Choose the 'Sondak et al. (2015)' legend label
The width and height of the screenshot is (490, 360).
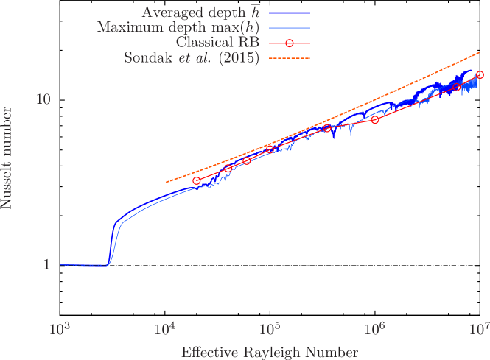coord(192,58)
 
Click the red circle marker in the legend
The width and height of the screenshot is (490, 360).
coord(290,43)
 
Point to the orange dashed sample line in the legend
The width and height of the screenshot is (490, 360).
coord(290,58)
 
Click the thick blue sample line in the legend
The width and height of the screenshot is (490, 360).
coord(290,13)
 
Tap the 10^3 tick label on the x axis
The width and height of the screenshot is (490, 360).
coord(60,328)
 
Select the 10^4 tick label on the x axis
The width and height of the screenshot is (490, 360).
coord(165,328)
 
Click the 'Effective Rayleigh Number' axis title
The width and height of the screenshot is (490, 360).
coord(270,352)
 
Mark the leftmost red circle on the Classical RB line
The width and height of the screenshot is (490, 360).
coord(197,180)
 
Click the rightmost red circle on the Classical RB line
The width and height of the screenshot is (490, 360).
coord(480,75)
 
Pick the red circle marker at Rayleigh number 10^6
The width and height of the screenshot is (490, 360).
coord(375,119)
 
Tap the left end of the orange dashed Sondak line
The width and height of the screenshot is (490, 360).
coord(167,182)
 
